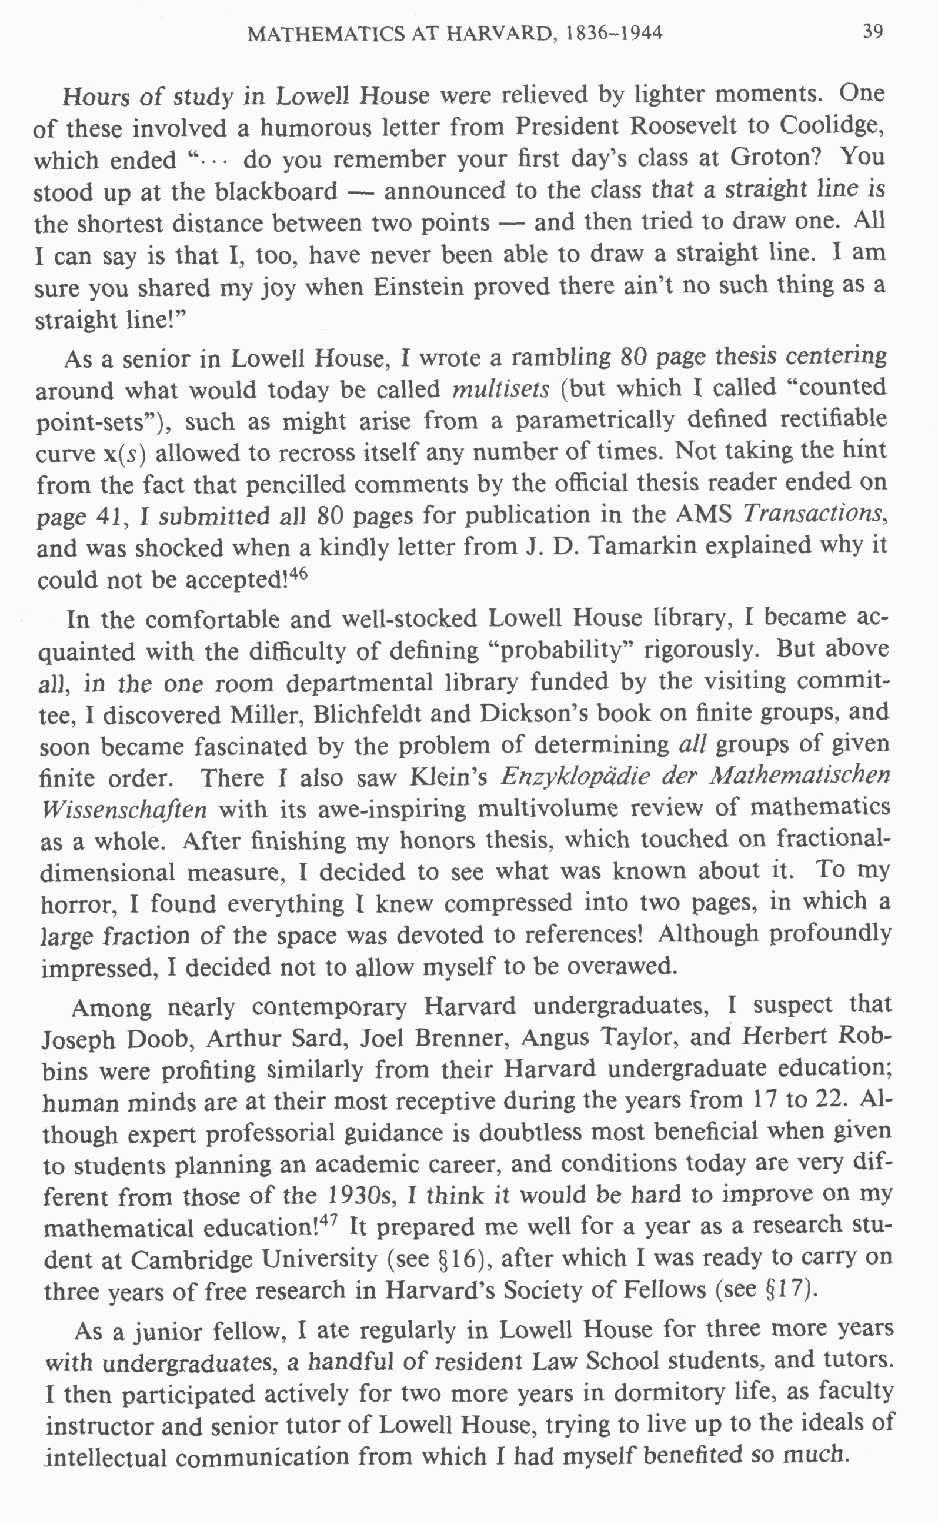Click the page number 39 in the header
click(x=872, y=32)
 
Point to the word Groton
click(x=776, y=158)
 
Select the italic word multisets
click(x=500, y=389)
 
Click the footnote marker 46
click(x=298, y=573)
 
